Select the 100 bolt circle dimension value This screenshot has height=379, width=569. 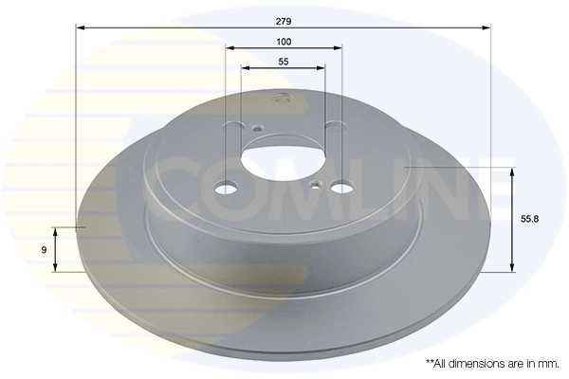pyautogui.click(x=284, y=42)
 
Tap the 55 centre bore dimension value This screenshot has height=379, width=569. pyautogui.click(x=284, y=62)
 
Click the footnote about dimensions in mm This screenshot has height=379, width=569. pyautogui.click(x=491, y=363)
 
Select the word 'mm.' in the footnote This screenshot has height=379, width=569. pyautogui.click(x=548, y=363)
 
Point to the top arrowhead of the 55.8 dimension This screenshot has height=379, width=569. pyautogui.click(x=513, y=172)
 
